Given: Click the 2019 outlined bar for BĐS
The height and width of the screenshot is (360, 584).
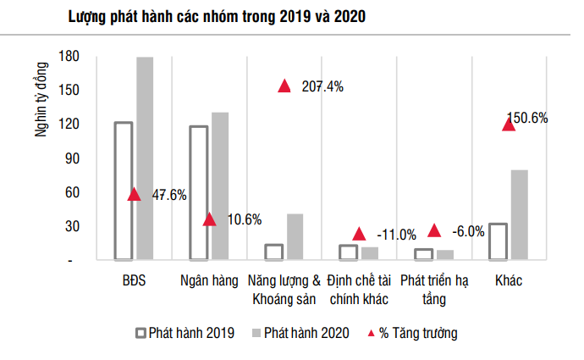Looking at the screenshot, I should click(x=124, y=191).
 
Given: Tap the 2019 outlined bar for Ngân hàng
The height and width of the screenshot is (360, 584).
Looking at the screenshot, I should click(x=198, y=193).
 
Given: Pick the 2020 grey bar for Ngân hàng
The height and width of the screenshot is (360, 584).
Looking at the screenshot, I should click(x=220, y=186).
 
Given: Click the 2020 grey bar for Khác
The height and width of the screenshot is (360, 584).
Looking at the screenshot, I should click(x=520, y=215).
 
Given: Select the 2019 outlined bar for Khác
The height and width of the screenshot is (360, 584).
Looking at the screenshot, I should click(x=499, y=241).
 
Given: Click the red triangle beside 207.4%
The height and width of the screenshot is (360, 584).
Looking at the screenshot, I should click(x=284, y=86).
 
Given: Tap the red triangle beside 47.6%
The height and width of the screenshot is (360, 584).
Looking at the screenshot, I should click(x=134, y=194).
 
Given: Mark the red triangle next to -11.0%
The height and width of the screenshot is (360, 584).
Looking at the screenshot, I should click(x=359, y=233).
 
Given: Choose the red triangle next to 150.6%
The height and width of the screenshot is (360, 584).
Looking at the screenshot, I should click(x=509, y=124).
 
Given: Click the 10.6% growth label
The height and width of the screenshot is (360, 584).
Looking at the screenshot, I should click(x=245, y=219).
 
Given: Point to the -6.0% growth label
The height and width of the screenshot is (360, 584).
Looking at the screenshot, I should click(x=469, y=231).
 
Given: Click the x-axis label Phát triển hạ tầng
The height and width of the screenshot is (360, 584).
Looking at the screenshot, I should click(x=434, y=288).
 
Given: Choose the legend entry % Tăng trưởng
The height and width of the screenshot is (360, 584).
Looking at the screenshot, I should click(x=412, y=332).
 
